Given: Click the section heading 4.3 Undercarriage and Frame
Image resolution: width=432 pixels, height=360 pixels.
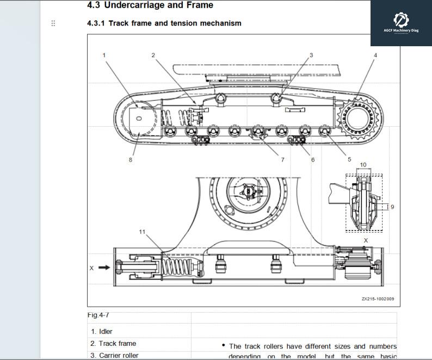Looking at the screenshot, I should pyautogui.click(x=150, y=5).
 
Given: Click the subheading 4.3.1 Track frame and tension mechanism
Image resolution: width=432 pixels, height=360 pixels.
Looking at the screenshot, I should pyautogui.click(x=164, y=23).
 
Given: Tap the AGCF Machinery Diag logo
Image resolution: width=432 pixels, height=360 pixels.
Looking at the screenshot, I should pyautogui.click(x=401, y=22).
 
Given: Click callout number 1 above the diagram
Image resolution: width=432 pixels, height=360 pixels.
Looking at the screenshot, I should pyautogui.click(x=104, y=55).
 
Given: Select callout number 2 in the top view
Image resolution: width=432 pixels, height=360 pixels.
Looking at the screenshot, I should pyautogui.click(x=153, y=55).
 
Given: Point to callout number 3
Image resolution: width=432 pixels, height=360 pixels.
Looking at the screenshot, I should pyautogui.click(x=311, y=55).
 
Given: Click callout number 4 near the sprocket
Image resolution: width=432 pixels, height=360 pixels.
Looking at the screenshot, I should pyautogui.click(x=375, y=55).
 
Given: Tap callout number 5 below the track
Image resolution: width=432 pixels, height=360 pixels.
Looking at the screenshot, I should pyautogui.click(x=349, y=160).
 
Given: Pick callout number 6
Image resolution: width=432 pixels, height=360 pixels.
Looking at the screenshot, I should pyautogui.click(x=313, y=160).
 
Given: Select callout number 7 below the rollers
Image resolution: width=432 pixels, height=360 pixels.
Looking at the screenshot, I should pyautogui.click(x=282, y=160).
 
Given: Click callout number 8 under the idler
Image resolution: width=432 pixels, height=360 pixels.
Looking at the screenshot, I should pyautogui.click(x=131, y=160).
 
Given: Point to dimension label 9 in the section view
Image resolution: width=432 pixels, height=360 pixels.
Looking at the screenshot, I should pyautogui.click(x=392, y=207).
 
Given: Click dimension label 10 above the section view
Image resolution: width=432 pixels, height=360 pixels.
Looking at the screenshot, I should pyautogui.click(x=363, y=165).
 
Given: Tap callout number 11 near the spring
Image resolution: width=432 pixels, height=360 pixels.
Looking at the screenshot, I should pyautogui.click(x=142, y=232).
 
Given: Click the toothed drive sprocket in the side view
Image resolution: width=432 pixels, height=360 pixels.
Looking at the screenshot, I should pyautogui.click(x=359, y=117).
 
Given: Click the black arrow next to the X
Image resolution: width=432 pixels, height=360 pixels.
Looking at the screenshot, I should pyautogui.click(x=104, y=268).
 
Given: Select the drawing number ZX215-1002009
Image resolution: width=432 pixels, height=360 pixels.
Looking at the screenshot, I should pyautogui.click(x=378, y=299).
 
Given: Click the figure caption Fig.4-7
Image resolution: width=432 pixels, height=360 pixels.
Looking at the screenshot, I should pyautogui.click(x=98, y=315).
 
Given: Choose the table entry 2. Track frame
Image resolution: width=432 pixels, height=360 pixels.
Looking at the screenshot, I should pyautogui.click(x=113, y=344).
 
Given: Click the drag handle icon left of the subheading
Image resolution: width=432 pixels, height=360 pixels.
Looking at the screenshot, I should pyautogui.click(x=53, y=23).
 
